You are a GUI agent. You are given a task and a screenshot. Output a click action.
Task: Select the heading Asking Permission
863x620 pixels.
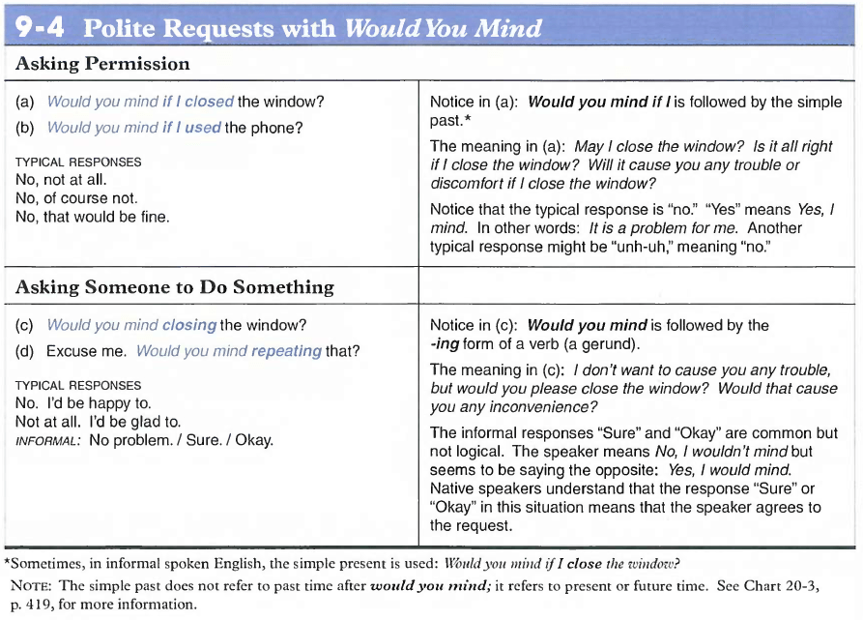[103, 65]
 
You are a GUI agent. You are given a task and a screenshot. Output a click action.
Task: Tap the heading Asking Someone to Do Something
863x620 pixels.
[175, 287]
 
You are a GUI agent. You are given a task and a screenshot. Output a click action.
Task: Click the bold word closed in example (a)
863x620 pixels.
[209, 102]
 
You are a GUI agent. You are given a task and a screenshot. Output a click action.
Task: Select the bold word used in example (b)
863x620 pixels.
[203, 128]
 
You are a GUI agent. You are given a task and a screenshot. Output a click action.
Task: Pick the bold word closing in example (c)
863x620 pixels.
[189, 325]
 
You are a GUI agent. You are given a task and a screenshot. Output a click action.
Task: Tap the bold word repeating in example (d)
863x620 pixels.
[286, 351]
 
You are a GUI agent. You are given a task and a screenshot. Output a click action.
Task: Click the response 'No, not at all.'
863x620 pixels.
[61, 180]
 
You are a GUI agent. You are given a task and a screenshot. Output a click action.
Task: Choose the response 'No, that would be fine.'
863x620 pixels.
[93, 217]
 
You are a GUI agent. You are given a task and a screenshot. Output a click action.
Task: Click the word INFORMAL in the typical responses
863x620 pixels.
[47, 441]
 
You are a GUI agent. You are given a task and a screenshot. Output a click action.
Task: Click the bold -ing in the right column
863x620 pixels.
[446, 343]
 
